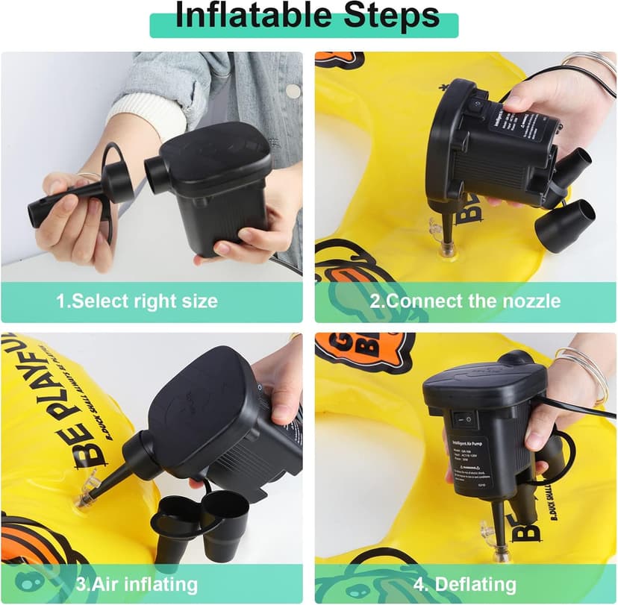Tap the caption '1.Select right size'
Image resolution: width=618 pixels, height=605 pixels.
[137, 301]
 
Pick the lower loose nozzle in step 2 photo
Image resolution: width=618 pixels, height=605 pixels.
[564, 224]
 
